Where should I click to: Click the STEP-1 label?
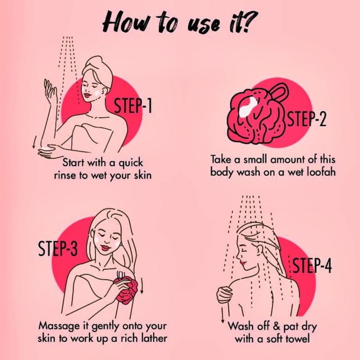point(133,106)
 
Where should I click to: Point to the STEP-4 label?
point(312,265)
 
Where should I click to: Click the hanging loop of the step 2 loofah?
point(279,91)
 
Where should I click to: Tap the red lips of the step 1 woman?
point(88,94)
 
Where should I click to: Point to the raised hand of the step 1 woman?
point(50,90)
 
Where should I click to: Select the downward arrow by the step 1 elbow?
point(34,142)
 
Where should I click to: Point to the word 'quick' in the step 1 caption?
point(131,164)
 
